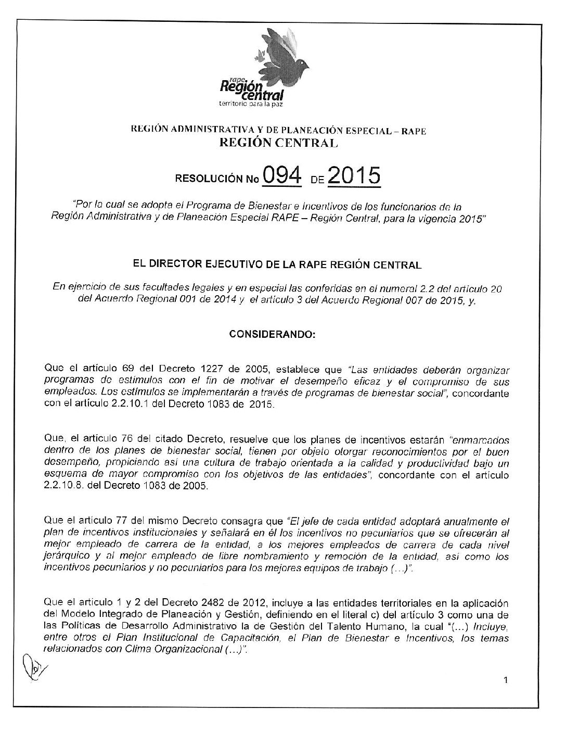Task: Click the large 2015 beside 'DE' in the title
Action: coord(353,177)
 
